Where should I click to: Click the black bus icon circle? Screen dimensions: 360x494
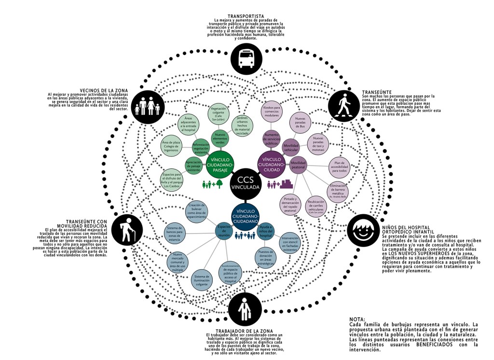tap(247, 57)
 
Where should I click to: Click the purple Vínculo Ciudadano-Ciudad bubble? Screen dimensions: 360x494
tap(273, 162)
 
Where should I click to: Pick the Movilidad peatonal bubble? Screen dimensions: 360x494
tap(298, 165)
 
